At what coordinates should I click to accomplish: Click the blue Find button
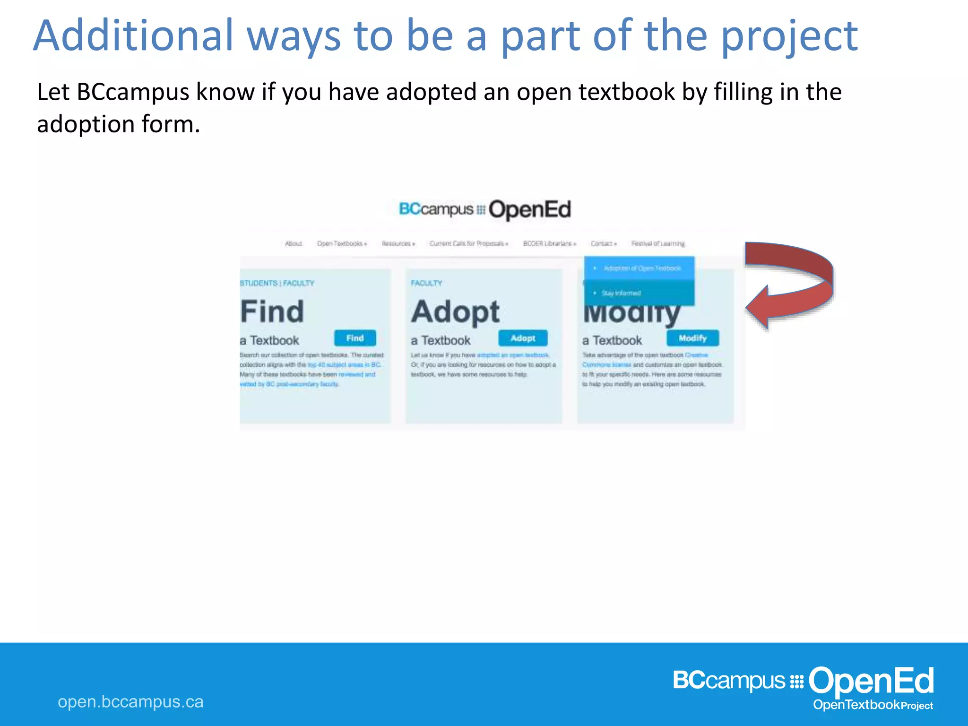tap(355, 338)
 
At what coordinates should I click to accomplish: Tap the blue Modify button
tap(692, 338)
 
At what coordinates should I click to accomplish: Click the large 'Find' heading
tap(272, 311)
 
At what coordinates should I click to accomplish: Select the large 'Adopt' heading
tap(455, 312)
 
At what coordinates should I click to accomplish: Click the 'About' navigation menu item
tap(294, 243)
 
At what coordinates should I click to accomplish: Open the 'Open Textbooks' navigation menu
tap(341, 243)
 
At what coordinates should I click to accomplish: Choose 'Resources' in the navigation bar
tap(398, 243)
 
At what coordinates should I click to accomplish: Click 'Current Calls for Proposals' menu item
tap(468, 243)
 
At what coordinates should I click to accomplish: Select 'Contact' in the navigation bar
tap(603, 243)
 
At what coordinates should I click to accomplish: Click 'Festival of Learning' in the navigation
tap(657, 243)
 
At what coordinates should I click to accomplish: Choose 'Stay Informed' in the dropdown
tap(621, 293)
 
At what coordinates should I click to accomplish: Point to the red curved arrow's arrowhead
tap(759, 307)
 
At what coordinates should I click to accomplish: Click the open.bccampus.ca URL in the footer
tap(130, 701)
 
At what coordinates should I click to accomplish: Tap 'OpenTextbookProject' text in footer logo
tap(873, 705)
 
